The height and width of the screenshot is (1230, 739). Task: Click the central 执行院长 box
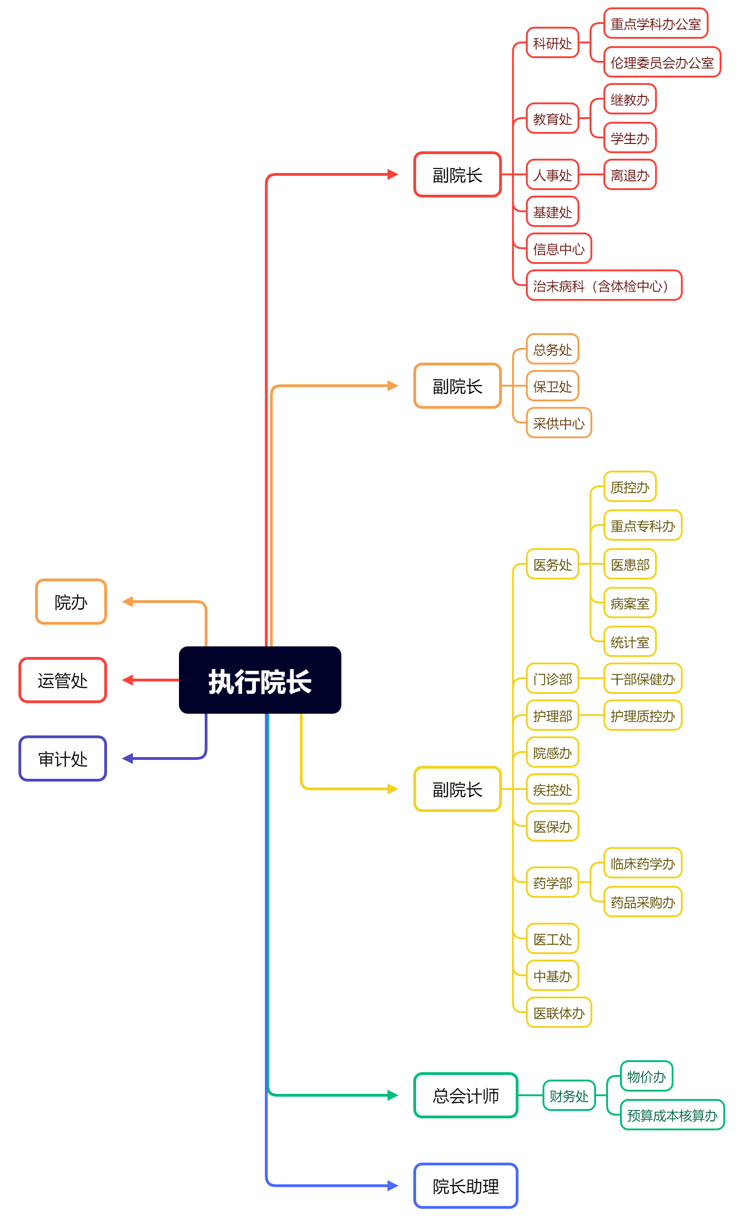[x=260, y=680]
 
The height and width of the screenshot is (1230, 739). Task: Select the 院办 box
[x=71, y=602]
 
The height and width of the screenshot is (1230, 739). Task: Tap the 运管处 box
[x=63, y=680]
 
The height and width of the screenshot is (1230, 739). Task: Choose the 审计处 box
[x=63, y=758]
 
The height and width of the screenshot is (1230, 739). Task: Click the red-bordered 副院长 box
[x=457, y=175]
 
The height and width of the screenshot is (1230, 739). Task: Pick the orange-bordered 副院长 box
[x=457, y=386]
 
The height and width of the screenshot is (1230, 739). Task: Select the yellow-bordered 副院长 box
[x=457, y=789]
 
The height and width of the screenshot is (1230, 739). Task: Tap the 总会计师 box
[x=465, y=1096]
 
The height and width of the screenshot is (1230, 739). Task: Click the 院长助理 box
[x=465, y=1186]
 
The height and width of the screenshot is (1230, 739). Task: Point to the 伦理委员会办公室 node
[x=662, y=62]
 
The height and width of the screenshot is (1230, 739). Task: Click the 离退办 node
[x=630, y=175]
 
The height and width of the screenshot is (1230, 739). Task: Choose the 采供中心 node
[x=559, y=423]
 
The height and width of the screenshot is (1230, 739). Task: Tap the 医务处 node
[x=552, y=564]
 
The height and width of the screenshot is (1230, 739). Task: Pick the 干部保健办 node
[x=643, y=679]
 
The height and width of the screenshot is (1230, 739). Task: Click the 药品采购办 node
[x=643, y=902]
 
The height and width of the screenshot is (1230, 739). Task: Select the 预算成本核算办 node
[x=672, y=1115]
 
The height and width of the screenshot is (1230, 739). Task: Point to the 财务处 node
[x=569, y=1096]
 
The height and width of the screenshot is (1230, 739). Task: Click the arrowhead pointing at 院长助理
[x=393, y=1186]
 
